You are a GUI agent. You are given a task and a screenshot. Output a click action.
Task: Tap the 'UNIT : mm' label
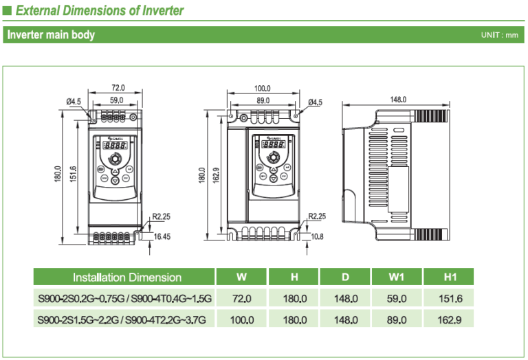point(500,35)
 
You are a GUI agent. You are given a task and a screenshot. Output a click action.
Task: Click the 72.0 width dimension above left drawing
point(118,88)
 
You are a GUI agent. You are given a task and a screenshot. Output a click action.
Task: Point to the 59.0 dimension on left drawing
point(117,100)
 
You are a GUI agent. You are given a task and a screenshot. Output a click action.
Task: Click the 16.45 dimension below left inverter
point(162,236)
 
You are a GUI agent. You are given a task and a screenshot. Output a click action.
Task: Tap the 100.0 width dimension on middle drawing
point(262,89)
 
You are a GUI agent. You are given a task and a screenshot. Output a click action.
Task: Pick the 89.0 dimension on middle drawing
point(262,100)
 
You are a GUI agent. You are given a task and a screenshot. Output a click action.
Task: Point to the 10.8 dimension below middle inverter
point(317,236)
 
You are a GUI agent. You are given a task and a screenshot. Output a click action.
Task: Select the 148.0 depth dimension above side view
point(399,100)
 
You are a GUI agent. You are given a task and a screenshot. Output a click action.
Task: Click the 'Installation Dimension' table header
point(127,278)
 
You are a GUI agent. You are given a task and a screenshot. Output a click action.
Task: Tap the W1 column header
point(397,278)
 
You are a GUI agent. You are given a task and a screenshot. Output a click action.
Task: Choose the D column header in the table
point(345,278)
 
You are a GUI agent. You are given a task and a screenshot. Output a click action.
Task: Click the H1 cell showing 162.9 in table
point(450,319)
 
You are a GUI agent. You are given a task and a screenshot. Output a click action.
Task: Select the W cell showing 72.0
point(242,299)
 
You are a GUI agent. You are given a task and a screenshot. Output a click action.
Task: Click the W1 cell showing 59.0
point(397,299)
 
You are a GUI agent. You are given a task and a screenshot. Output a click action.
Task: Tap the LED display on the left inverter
point(115,146)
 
